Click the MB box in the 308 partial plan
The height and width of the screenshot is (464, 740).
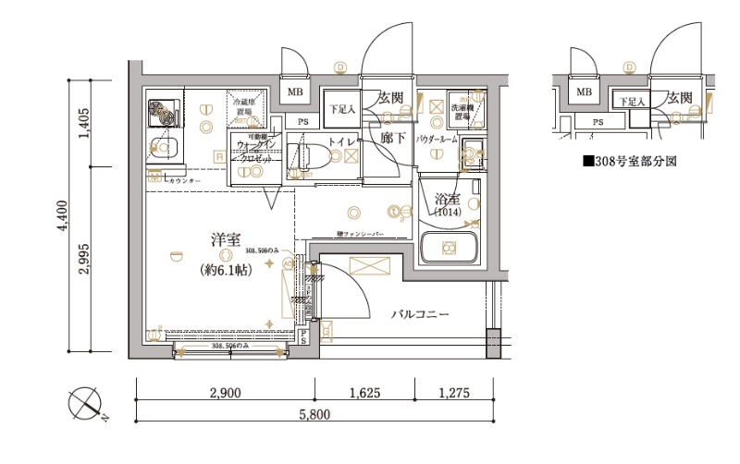point(584,92)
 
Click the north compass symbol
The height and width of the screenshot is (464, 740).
point(89,405)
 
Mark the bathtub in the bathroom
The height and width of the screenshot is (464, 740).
point(448,248)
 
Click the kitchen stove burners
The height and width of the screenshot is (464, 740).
point(165,112)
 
